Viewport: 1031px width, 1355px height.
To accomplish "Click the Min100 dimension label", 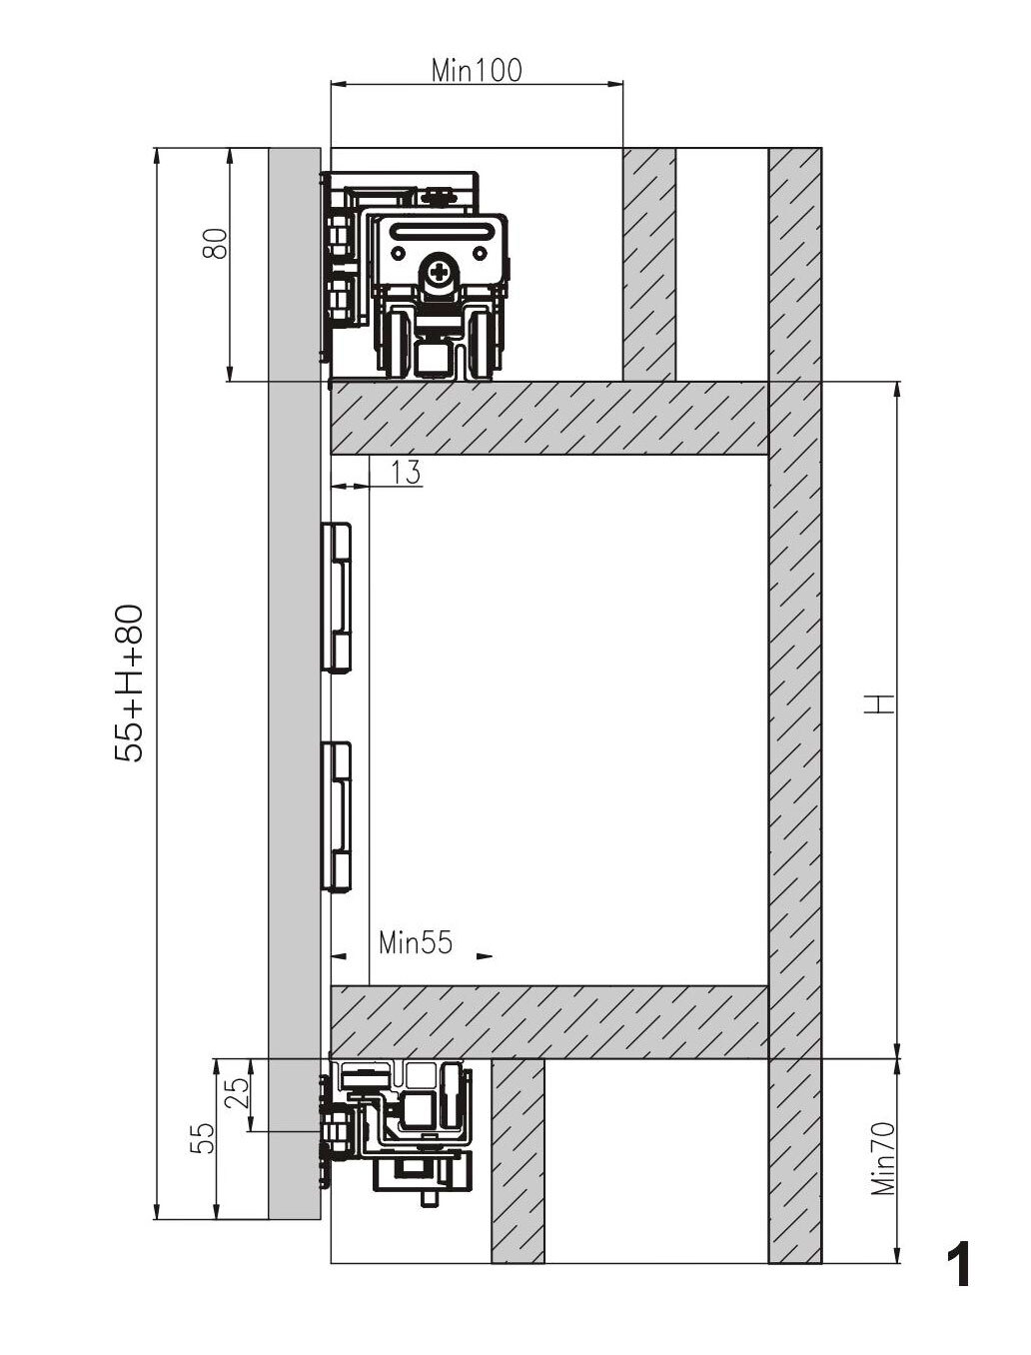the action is click(477, 70).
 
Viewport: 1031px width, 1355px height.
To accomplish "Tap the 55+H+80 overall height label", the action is click(130, 683).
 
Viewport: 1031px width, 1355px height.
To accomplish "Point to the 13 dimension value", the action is click(406, 473).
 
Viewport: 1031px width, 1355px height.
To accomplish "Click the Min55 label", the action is click(416, 942).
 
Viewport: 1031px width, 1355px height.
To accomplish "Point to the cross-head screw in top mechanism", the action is click(443, 271).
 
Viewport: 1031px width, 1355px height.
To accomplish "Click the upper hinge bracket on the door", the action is click(337, 597).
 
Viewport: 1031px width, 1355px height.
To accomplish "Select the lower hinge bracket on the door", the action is click(337, 816).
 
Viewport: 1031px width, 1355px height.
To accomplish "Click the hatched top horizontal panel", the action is click(549, 419).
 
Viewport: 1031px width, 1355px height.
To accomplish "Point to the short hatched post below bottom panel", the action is click(517, 1151).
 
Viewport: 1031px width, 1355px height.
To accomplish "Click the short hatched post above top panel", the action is click(649, 265).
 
